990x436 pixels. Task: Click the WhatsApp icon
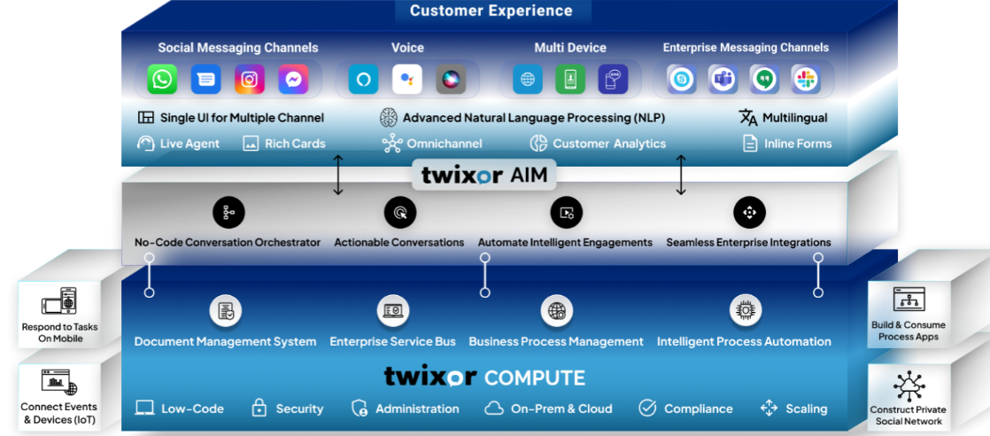[162, 80]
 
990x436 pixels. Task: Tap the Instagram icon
[250, 80]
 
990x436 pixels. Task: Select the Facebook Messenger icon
[293, 80]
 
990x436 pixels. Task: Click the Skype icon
[681, 80]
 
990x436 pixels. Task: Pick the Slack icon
[806, 80]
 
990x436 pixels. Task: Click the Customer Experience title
[491, 12]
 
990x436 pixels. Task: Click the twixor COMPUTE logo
[484, 378]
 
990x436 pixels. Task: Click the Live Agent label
[189, 144]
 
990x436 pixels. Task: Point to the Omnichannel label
[444, 144]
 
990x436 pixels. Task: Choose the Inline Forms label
[798, 144]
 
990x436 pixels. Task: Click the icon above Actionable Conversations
[399, 213]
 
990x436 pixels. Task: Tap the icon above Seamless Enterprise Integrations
[749, 213]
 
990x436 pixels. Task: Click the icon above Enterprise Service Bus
[392, 311]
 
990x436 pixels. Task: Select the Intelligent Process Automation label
[744, 341]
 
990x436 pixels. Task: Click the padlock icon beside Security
[259, 408]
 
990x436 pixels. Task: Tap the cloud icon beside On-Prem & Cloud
[494, 409]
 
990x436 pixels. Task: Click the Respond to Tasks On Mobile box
[60, 315]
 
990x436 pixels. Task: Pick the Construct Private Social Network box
[909, 396]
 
